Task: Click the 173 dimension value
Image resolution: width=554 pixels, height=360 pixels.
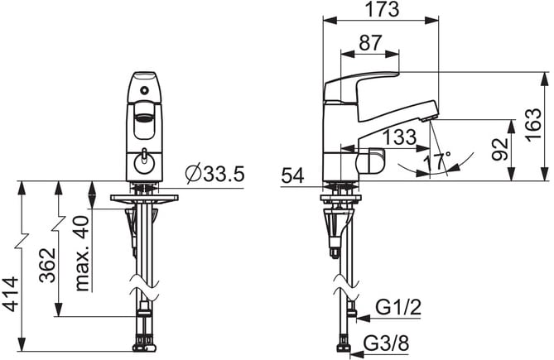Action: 382,9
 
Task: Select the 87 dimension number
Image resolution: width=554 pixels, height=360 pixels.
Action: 370,43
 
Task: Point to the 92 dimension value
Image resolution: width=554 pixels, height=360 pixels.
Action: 500,150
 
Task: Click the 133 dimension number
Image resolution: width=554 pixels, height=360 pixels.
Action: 400,137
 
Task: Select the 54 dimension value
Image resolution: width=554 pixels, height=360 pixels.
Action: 293,175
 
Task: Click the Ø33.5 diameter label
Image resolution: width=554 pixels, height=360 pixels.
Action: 215,174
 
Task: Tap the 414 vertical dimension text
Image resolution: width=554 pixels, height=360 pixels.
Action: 10,295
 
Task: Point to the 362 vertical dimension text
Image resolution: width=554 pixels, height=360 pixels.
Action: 47,266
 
